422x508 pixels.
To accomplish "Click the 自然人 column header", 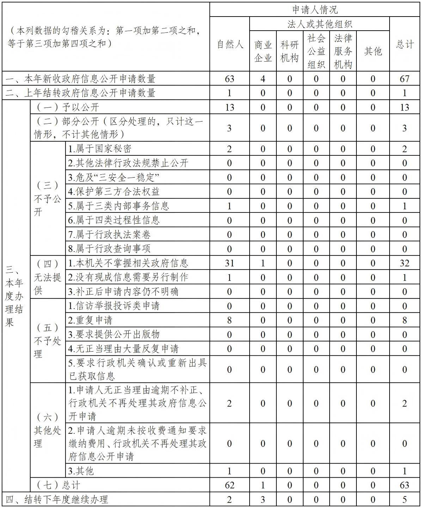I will coord(230,44).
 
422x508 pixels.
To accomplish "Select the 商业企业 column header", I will coord(263,51).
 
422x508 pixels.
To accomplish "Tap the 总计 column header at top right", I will coord(405,44).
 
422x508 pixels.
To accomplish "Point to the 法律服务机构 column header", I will coord(343,51).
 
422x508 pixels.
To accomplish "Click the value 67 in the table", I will coord(405,78).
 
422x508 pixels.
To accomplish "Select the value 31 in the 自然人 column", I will coord(230,263).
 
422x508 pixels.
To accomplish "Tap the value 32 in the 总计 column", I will coord(405,263).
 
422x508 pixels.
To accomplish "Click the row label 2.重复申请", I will coord(90,320).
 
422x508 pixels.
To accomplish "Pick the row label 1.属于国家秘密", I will coord(100,149).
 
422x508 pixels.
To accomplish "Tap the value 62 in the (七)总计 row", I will coord(230,485).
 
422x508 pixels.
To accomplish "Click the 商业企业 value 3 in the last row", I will coord(263,499).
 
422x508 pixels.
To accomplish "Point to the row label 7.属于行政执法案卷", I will coord(109,235).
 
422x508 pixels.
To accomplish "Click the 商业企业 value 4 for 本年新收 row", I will coord(263,78).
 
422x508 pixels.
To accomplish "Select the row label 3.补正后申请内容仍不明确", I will coord(123,292).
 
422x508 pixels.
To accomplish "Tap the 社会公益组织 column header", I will coord(316,51).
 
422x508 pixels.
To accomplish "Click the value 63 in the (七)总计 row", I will coord(405,485).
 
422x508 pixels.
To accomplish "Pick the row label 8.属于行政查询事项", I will coord(109,249).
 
